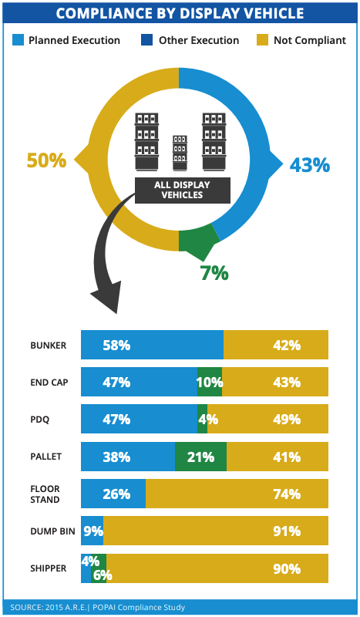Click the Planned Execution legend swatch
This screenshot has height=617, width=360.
(18, 40)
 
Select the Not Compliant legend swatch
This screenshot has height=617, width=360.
(262, 40)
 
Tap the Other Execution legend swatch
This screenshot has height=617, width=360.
(146, 40)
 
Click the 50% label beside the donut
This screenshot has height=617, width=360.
(46, 160)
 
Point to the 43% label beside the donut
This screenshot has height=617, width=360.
(310, 165)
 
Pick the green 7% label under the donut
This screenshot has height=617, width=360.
(214, 273)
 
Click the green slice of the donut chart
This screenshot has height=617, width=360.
(199, 240)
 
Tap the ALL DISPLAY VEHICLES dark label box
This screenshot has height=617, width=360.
(183, 190)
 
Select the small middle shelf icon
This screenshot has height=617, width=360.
(180, 153)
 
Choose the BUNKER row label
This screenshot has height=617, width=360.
(49, 345)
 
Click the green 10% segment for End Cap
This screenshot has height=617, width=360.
(210, 382)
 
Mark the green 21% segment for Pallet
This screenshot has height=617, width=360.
(200, 457)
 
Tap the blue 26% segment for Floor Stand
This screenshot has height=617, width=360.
(113, 494)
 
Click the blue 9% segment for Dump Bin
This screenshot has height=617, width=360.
(92, 531)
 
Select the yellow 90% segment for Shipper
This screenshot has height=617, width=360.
(217, 568)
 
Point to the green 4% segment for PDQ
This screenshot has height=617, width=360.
(203, 419)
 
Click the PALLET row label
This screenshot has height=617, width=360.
(46, 457)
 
